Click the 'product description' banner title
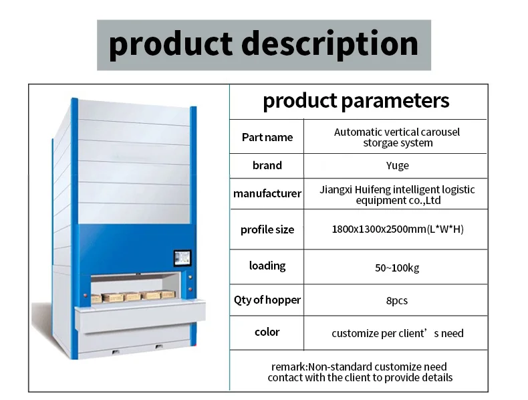pos(263,45)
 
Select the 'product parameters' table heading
pos(356,101)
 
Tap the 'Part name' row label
pos(267,137)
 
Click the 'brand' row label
pos(267,165)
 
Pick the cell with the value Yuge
pos(397,165)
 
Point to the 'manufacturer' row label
pos(267,193)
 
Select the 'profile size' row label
pos(267,229)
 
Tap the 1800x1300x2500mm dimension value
pos(378,229)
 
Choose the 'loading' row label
pos(267,266)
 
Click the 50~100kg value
pos(397,268)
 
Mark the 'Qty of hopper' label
pos(267,300)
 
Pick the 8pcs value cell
pos(397,301)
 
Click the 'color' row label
pos(267,332)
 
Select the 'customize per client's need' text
pos(397,333)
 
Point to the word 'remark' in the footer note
pos(288,367)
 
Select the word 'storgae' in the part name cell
pos(380,142)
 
